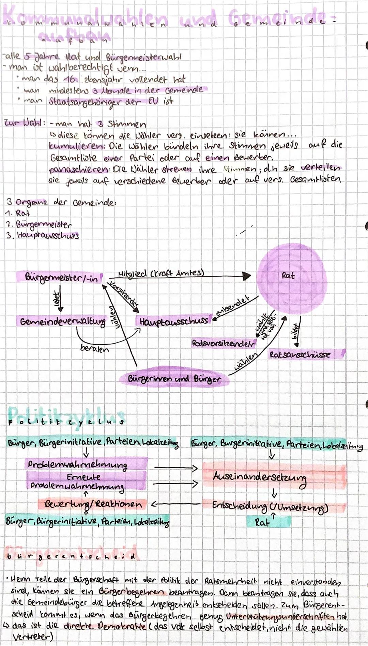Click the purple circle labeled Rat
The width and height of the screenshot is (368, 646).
click(291, 277)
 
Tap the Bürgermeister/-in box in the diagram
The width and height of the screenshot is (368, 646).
click(61, 278)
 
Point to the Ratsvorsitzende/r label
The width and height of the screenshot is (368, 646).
click(224, 343)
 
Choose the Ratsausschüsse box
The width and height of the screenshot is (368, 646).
click(300, 354)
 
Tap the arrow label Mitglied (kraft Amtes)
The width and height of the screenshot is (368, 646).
click(161, 273)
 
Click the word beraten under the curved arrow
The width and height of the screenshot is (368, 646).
click(94, 349)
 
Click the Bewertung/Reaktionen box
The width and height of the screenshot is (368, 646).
click(93, 504)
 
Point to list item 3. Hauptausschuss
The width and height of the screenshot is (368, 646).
click(43, 235)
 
